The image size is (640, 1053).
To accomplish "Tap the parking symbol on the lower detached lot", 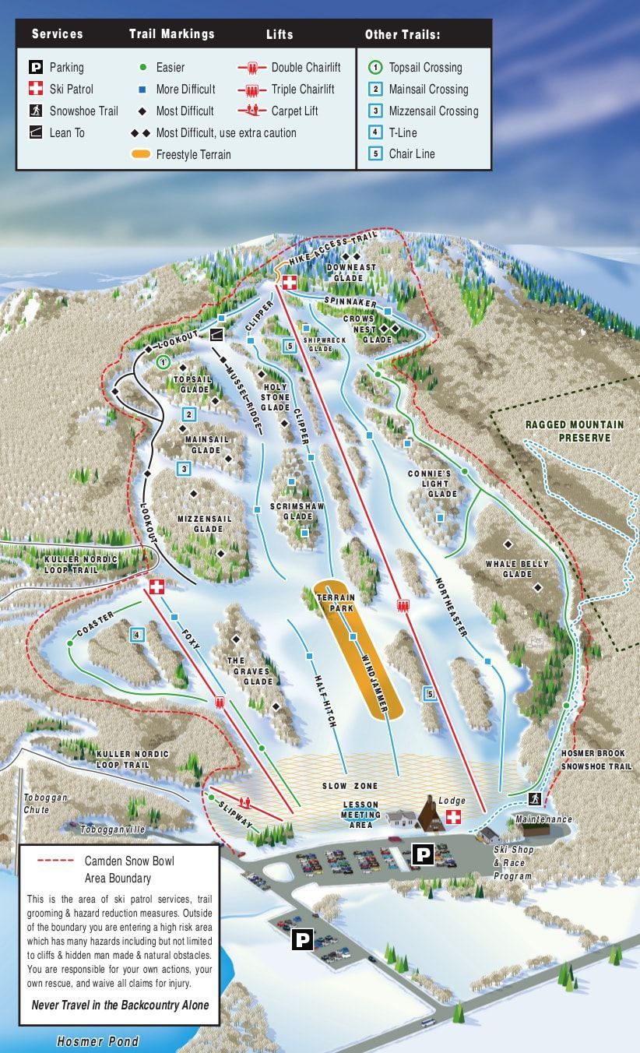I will [x=302, y=939].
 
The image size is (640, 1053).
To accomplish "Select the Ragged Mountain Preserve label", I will [x=575, y=431].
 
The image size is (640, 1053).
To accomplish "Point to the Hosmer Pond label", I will [x=98, y=1041].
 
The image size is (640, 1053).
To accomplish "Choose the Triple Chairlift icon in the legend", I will [x=251, y=90].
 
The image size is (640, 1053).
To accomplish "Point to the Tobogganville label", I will [x=112, y=829].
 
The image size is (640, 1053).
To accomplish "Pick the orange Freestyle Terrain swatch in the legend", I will [x=140, y=154].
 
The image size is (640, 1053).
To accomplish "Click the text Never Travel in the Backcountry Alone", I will [x=120, y=1005].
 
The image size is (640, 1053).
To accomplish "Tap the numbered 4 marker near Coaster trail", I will [x=137, y=635].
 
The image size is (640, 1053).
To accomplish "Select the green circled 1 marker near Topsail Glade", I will [x=163, y=361].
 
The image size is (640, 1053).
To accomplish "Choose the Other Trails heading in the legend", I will [x=402, y=35].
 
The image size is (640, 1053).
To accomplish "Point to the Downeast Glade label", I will [x=354, y=272].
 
